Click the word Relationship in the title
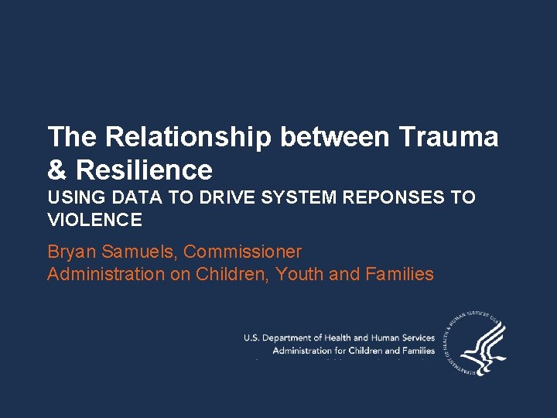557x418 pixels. (x=188, y=137)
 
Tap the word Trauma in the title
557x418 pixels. (x=449, y=137)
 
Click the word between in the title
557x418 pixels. (x=335, y=137)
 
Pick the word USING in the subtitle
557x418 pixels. (x=73, y=198)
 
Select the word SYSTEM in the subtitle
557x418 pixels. (x=299, y=198)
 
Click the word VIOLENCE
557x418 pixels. (x=94, y=221)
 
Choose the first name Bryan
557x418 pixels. (x=70, y=252)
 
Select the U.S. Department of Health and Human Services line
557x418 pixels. (x=339, y=337)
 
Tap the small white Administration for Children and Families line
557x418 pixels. (x=354, y=351)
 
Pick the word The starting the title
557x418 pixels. (x=73, y=137)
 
